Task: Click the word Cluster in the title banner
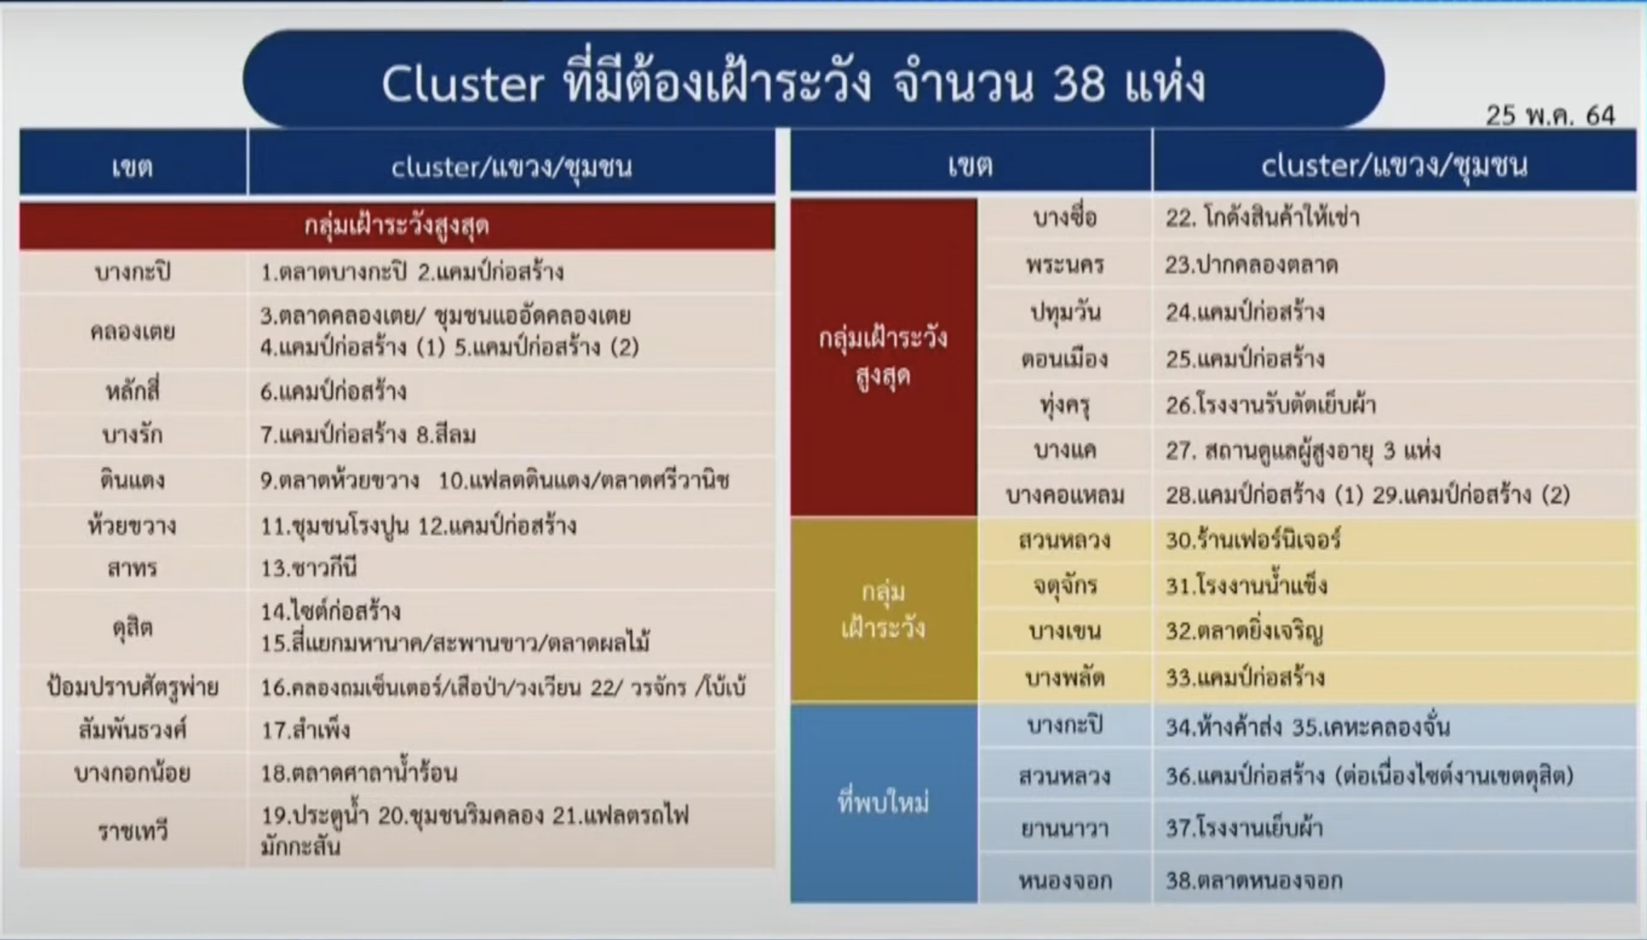point(463,84)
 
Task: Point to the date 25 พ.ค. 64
point(1550,115)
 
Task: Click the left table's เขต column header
point(132,167)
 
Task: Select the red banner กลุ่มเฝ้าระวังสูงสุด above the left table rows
point(396,225)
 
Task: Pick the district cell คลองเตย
point(132,331)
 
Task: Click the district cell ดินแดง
point(132,480)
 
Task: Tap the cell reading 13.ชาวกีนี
point(308,569)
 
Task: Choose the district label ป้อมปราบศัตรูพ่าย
point(132,687)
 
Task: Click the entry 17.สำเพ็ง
point(305,730)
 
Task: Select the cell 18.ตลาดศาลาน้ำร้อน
point(358,773)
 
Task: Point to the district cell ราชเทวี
point(132,831)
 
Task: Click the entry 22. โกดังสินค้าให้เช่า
point(1263,217)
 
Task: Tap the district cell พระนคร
point(1064,265)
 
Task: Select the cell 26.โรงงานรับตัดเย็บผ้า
point(1271,405)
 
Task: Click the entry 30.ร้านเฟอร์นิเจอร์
point(1253,539)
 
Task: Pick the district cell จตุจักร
point(1064,585)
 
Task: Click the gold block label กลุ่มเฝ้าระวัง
point(883,610)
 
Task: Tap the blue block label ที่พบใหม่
point(883,803)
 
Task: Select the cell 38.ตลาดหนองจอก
point(1254,880)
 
